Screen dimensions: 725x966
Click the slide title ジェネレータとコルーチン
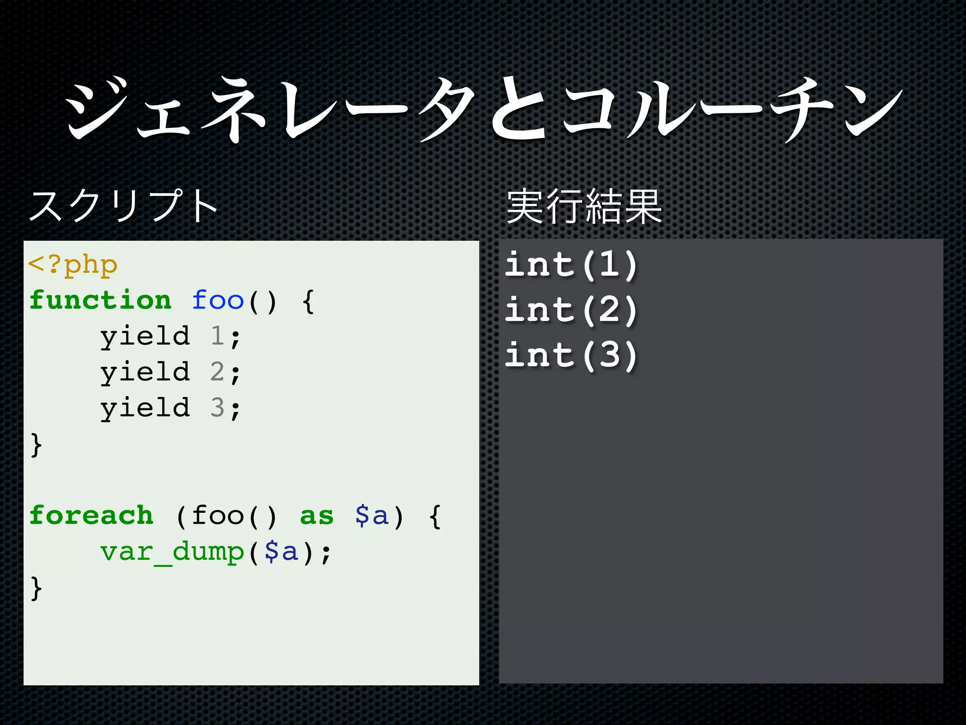483,110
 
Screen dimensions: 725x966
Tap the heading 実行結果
584,206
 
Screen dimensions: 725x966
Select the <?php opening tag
73,265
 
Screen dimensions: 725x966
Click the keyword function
100,301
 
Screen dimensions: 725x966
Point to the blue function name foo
217,301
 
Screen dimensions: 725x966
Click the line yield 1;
170,337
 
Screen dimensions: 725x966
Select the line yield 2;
170,373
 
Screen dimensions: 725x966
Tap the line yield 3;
170,408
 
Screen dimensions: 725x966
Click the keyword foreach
92,515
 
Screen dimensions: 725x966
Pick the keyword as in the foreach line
316,515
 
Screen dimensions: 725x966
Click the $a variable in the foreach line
372,515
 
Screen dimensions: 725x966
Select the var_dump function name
172,552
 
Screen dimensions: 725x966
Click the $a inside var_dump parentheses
282,552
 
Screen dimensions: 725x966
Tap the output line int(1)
571,265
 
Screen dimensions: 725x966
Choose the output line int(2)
571,311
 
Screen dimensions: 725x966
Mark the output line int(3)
571,355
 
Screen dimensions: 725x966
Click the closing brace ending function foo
36,445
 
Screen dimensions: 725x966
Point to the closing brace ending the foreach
36,589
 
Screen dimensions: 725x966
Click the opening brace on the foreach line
435,517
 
